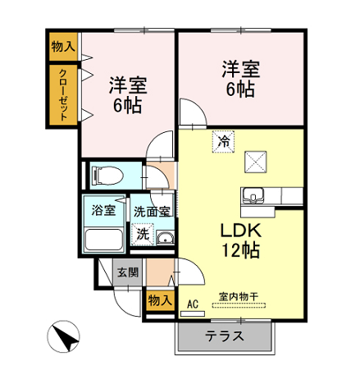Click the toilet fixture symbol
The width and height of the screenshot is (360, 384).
(107, 176)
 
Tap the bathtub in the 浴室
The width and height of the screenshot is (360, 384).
(104, 240)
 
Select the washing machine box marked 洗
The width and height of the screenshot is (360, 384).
(143, 234)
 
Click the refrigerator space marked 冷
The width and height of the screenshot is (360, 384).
(224, 141)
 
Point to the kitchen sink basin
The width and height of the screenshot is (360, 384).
(253, 195)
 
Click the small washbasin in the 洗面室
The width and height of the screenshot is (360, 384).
(165, 238)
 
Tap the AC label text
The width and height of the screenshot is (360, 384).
(193, 304)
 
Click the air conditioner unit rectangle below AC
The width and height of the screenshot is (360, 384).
(193, 313)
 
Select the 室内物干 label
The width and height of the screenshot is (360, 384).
(239, 297)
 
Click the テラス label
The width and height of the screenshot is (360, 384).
(225, 336)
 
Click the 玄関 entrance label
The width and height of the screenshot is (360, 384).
(128, 272)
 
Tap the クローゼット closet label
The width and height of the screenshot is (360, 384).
(63, 95)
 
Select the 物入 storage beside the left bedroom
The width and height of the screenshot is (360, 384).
(63, 47)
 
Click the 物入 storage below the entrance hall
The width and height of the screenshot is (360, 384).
(160, 300)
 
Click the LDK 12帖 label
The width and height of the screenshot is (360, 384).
(240, 240)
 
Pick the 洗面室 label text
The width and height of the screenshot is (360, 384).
(152, 212)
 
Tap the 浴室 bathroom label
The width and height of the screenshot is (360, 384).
(103, 210)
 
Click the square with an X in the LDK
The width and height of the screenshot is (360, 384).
(256, 162)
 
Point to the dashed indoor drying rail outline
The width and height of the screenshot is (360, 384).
(239, 305)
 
